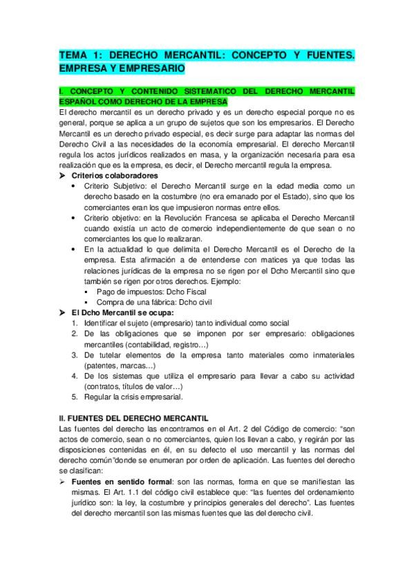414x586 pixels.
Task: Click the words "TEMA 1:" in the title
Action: [79, 55]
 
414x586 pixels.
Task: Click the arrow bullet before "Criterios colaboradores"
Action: [64, 176]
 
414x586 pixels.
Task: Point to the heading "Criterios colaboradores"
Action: [110, 176]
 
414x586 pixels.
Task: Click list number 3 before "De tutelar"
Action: [74, 355]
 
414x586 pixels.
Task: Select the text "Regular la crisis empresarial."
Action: [133, 397]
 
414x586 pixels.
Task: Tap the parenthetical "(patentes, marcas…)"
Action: [118, 366]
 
